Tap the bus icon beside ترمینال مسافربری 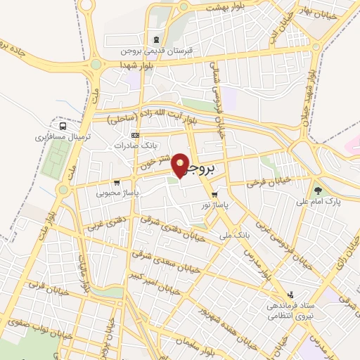point(63,127)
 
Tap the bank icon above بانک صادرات point(136,135)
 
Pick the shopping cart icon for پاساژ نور point(214,195)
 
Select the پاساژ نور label point(217,205)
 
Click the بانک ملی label point(235,234)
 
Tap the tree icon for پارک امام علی point(318,190)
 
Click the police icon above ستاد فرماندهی point(290,295)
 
